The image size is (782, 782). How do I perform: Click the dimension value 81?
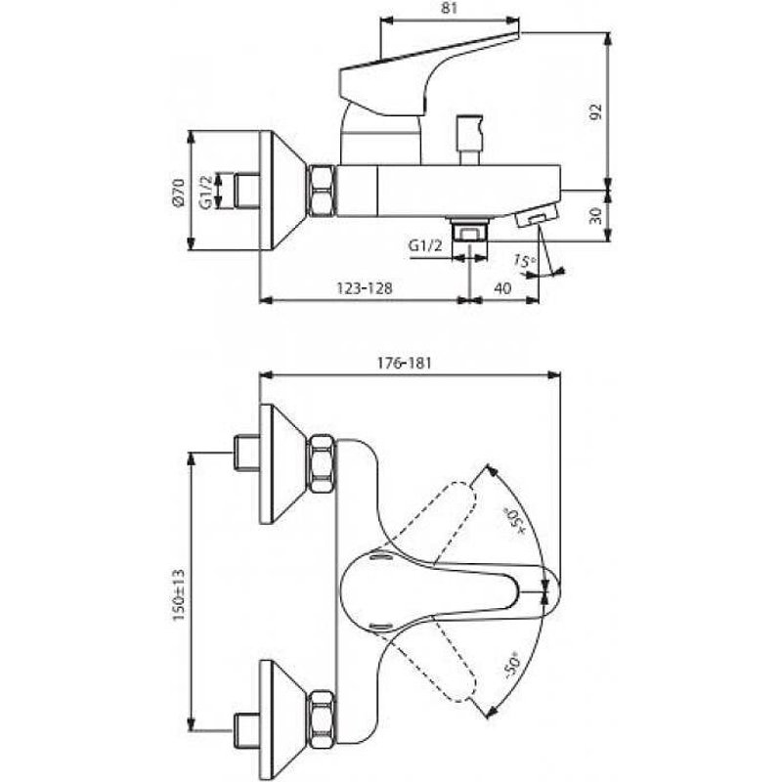pos(450,9)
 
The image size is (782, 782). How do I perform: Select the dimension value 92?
pos(596,112)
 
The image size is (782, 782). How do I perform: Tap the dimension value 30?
pos(596,215)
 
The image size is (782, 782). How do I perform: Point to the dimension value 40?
pos(502,288)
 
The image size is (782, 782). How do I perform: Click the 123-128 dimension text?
pos(365,288)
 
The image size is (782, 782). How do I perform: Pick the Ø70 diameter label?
pos(179,192)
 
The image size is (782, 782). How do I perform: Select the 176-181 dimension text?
pos(404,363)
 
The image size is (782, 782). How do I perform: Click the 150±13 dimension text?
pos(179,595)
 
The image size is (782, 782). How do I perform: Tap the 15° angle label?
pos(525,260)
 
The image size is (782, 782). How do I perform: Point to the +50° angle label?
pos(514,522)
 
